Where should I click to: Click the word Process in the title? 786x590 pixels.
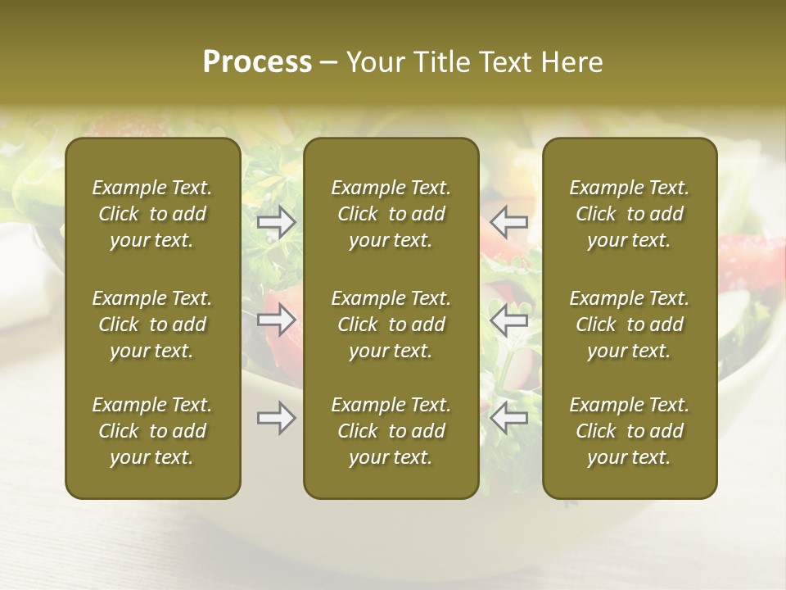[x=257, y=62]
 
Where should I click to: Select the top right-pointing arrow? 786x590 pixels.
[x=277, y=222]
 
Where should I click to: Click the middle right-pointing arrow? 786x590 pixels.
[x=277, y=320]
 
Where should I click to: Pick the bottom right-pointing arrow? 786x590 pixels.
[x=277, y=419]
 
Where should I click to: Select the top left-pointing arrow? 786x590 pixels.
[x=509, y=222]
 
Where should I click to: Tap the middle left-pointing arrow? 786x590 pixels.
[x=509, y=320]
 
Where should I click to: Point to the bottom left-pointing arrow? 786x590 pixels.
[x=509, y=419]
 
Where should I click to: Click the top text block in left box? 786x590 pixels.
[x=152, y=214]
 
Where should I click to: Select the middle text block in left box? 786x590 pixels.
[x=152, y=324]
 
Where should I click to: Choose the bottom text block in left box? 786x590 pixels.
[x=152, y=431]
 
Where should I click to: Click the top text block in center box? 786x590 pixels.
[x=391, y=214]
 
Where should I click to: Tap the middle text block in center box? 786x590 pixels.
[x=391, y=324]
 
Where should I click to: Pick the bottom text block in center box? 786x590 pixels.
[x=391, y=431]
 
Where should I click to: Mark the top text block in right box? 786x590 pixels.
[x=630, y=214]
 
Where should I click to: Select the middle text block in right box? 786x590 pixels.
[x=630, y=324]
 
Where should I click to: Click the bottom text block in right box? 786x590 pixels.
[x=630, y=431]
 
